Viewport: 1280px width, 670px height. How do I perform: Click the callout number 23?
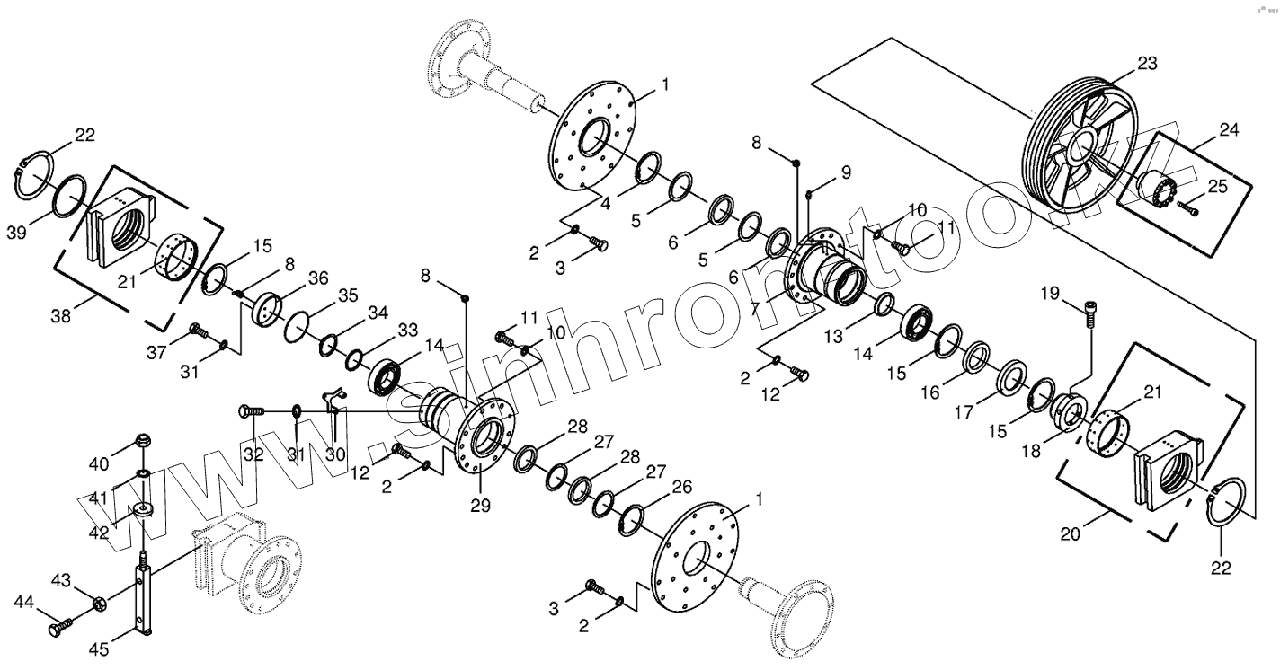tap(1146, 64)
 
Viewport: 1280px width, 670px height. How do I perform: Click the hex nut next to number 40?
tap(143, 441)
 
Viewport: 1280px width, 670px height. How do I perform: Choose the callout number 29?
tap(480, 506)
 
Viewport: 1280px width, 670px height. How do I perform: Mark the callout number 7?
tap(753, 308)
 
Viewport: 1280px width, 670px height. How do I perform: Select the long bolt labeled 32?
tap(251, 411)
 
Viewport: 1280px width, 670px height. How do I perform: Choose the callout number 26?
tap(681, 487)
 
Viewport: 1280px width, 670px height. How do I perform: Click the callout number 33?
tap(407, 330)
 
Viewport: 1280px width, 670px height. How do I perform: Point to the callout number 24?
tap(1229, 131)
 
